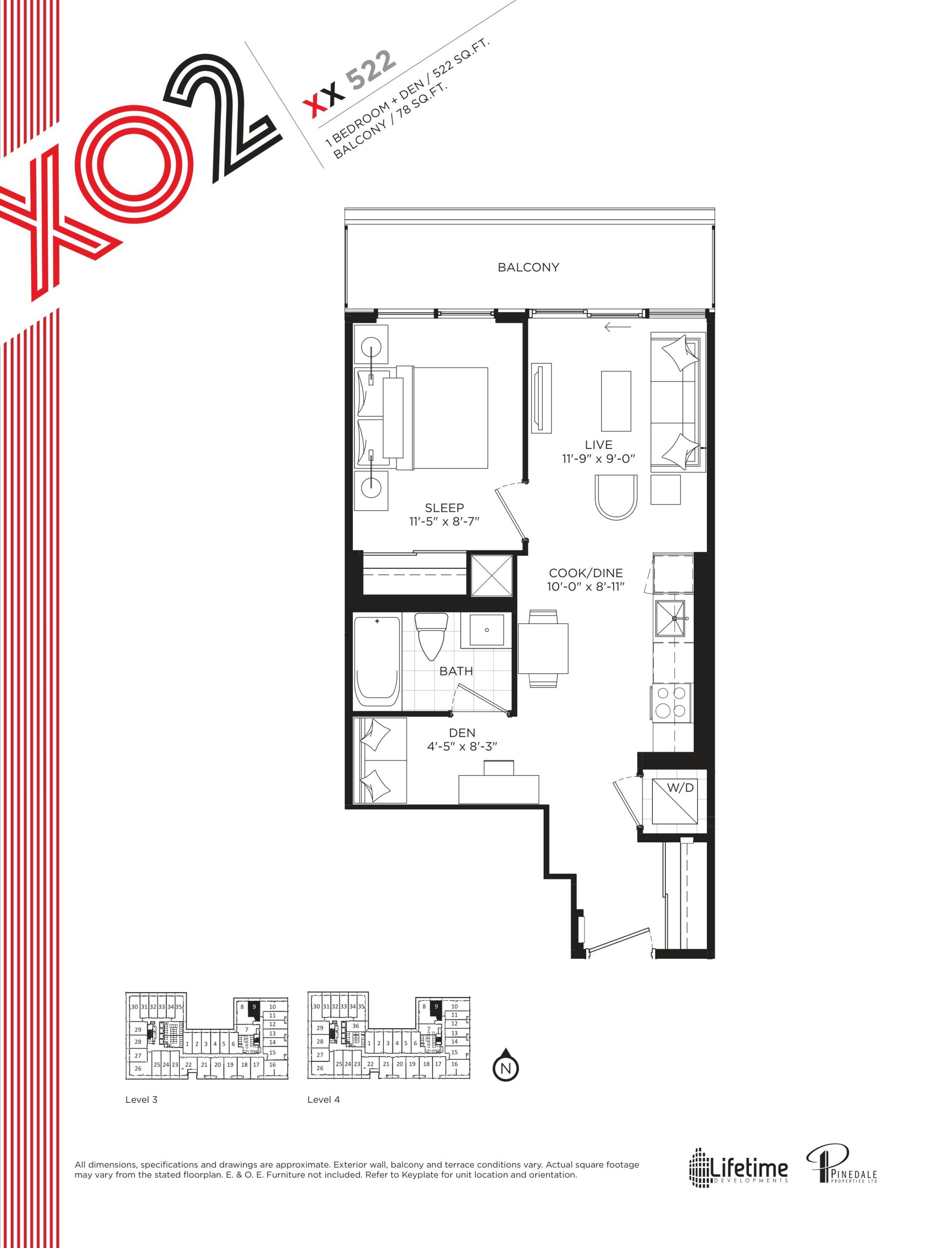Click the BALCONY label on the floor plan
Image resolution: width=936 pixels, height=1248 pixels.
pos(527,268)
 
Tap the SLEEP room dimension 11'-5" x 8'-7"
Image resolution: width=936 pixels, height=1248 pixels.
pos(444,521)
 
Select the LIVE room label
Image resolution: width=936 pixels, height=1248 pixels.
pos(598,445)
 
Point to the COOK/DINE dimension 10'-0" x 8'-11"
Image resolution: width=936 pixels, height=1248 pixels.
pos(585,587)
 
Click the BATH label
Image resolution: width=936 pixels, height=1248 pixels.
pos(456,671)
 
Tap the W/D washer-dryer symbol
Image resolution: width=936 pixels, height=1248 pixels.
pos(674,801)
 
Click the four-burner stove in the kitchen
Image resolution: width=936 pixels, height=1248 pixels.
pos(672,702)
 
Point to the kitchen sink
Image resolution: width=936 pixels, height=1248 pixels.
pos(671,619)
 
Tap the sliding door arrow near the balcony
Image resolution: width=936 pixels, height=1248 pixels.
pos(617,327)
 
